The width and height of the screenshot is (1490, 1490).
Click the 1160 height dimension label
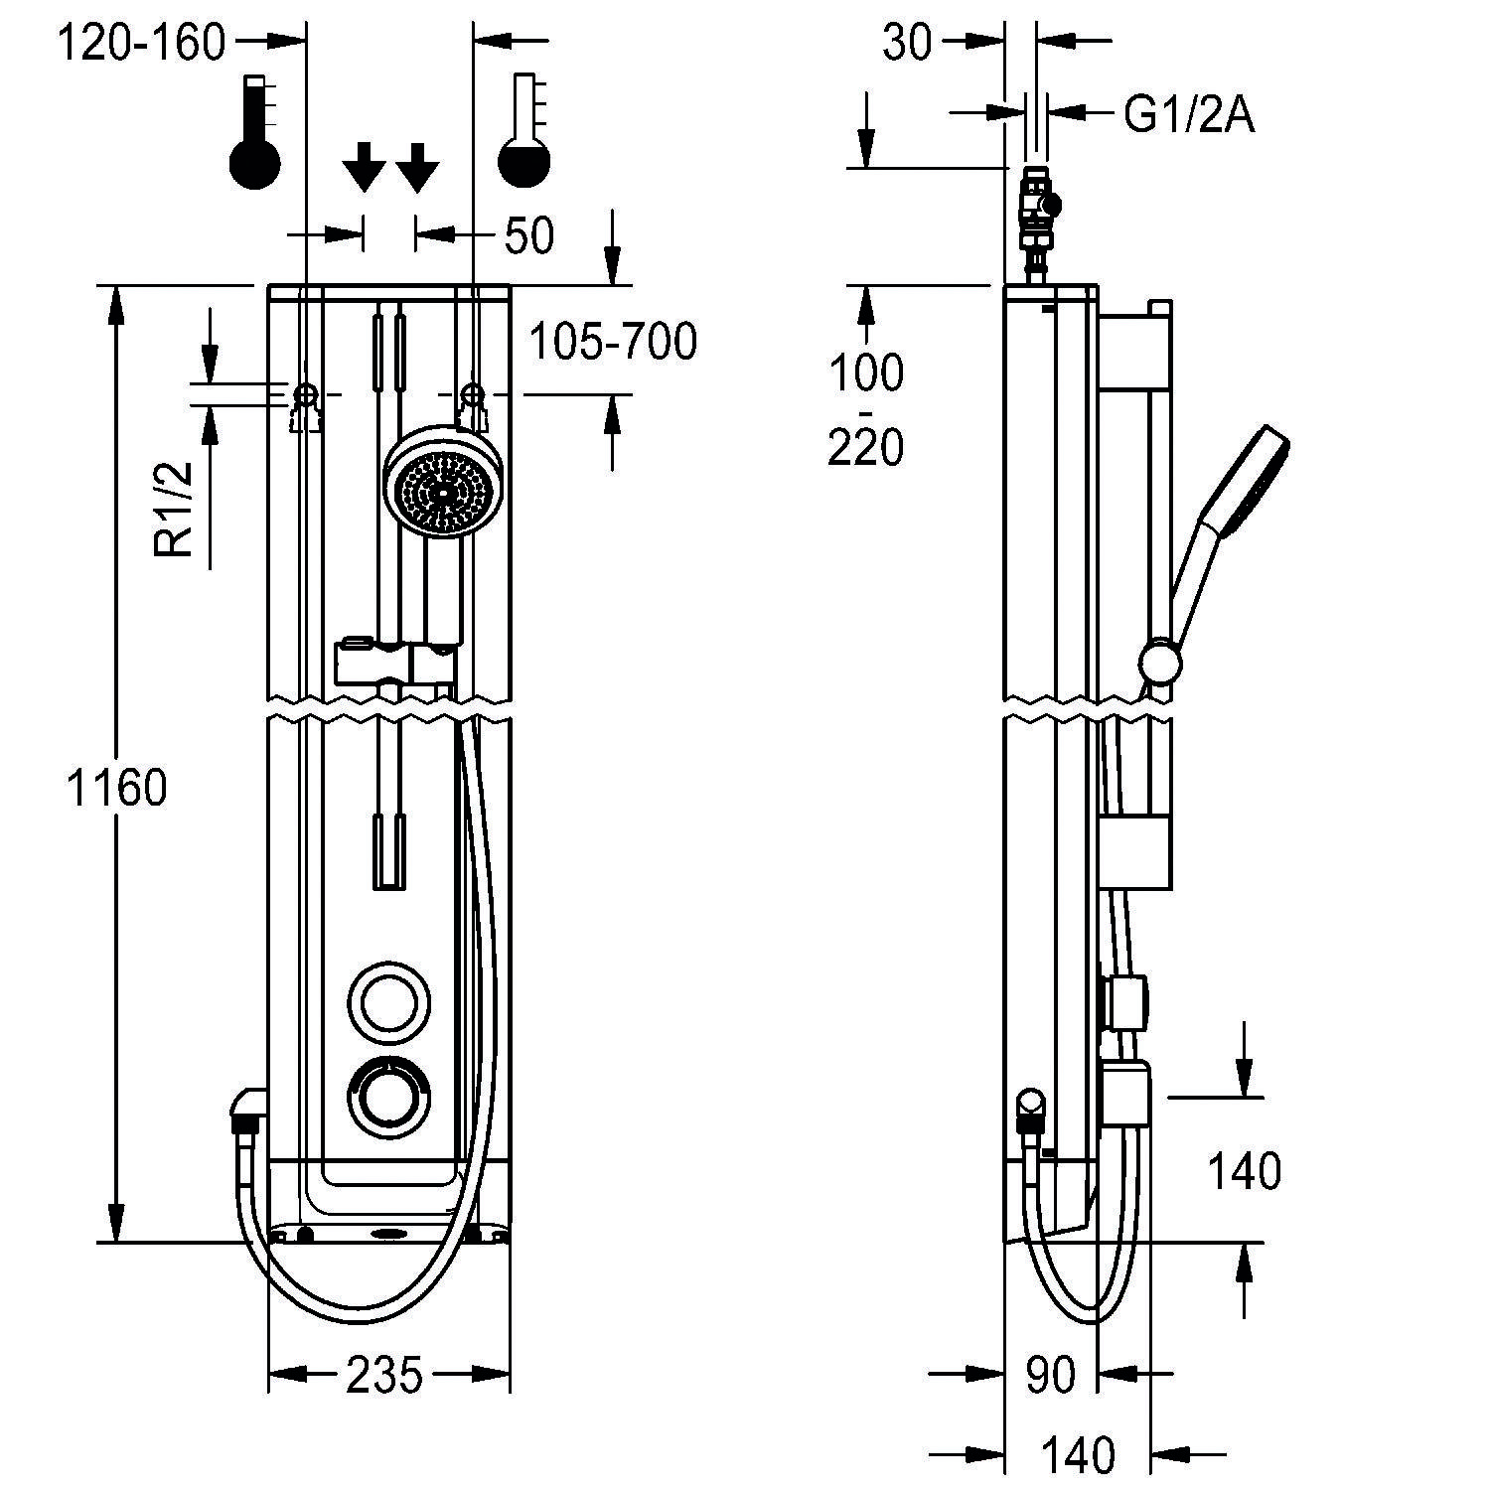(116, 788)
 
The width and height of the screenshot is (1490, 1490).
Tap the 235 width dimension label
(384, 1375)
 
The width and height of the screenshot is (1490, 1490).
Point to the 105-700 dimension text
(613, 343)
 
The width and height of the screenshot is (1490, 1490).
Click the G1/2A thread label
(1189, 116)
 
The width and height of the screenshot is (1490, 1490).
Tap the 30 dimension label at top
(907, 44)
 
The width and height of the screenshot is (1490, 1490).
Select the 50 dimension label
(529, 235)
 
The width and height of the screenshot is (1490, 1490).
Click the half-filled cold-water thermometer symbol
(523, 131)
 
